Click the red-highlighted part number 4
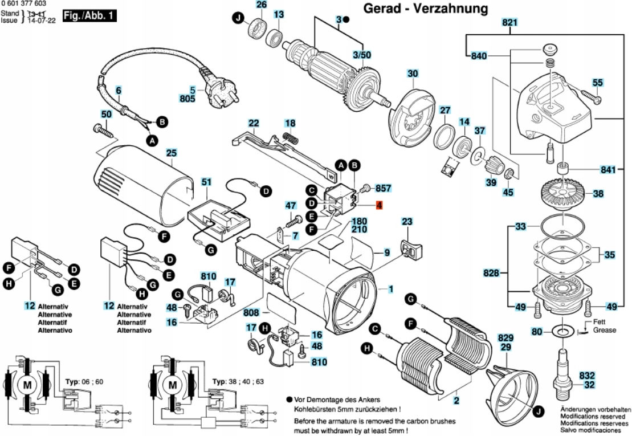379,205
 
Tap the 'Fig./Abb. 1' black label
89,16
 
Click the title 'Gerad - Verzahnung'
426,9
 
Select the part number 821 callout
509,23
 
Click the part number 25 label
172,153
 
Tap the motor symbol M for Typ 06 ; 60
27,385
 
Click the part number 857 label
384,188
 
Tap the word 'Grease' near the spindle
604,330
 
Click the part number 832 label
587,376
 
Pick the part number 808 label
251,313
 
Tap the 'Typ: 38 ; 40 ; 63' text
238,381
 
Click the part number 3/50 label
361,54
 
